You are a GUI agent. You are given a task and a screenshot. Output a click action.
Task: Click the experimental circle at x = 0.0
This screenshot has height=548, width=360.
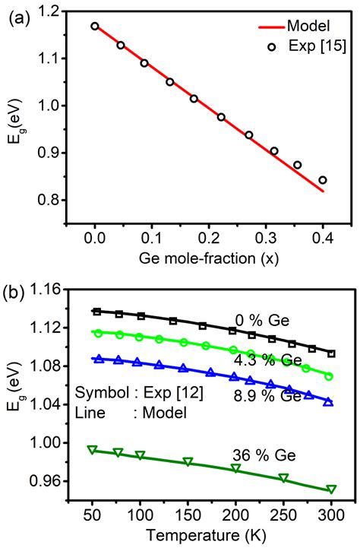pos(95,26)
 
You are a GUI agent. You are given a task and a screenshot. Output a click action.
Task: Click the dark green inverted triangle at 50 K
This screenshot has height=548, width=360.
pos(93,450)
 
